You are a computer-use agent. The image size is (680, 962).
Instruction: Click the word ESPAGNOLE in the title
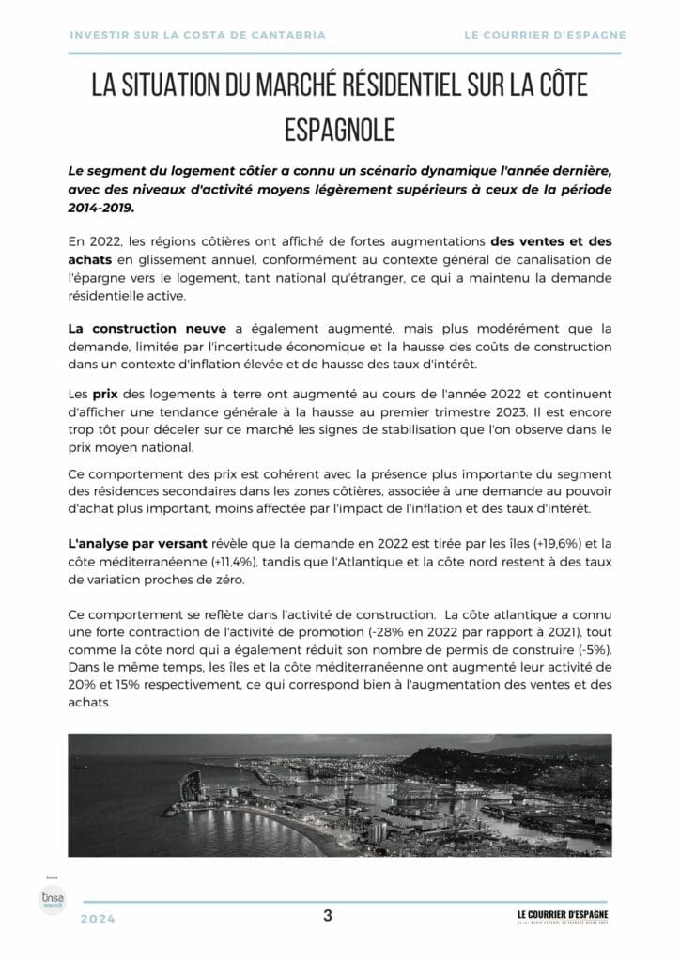[339, 130]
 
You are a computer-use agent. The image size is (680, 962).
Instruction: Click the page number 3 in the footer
[328, 916]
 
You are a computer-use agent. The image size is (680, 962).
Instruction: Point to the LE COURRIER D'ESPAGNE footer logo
[562, 917]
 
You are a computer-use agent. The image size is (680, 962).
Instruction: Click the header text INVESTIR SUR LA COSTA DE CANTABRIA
[198, 35]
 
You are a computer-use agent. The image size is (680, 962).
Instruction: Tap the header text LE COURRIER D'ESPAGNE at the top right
[545, 35]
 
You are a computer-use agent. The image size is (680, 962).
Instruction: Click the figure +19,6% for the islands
[542, 545]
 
